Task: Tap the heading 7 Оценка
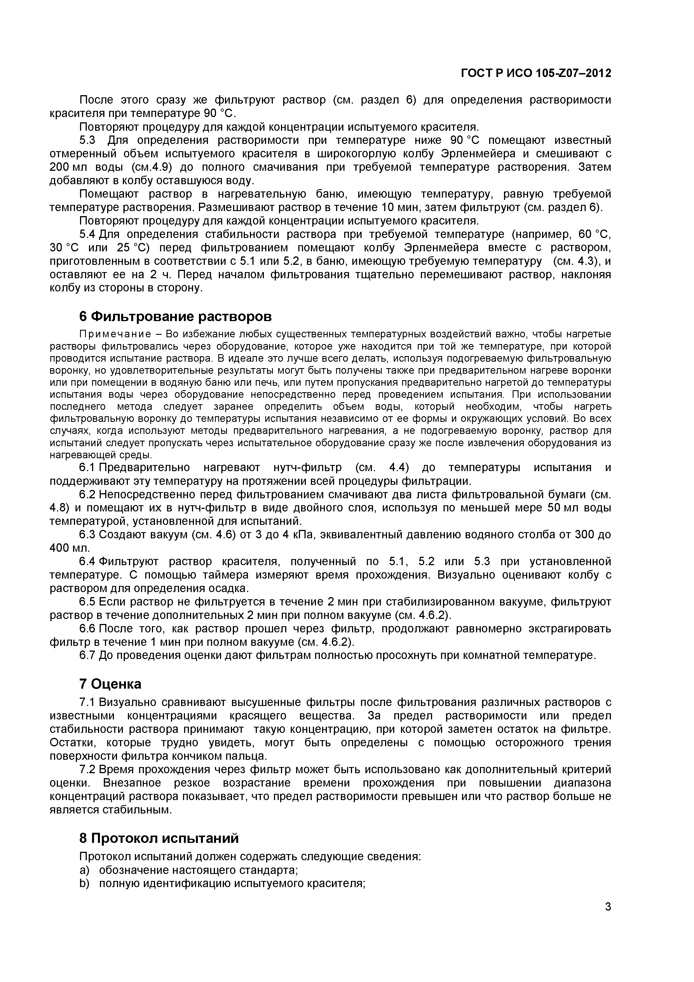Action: click(x=110, y=684)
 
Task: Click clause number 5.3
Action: click(x=87, y=140)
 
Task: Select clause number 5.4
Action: click(x=87, y=234)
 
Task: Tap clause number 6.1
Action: click(x=87, y=467)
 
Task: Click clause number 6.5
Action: click(x=87, y=602)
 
